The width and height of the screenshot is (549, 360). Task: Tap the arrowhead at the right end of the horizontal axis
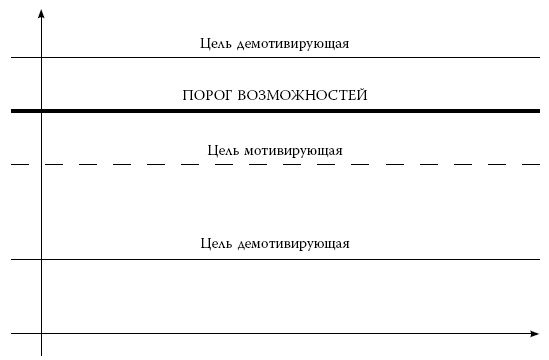534,332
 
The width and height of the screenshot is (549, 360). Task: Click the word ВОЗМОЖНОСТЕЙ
304,96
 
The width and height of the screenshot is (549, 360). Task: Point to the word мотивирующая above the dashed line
292,151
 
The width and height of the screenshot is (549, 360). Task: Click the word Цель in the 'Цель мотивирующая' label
222,151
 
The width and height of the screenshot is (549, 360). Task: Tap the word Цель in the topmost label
215,43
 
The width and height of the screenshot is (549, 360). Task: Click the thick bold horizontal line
280,110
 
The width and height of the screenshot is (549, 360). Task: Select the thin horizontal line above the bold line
280,59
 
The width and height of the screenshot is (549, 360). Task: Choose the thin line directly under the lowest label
280,260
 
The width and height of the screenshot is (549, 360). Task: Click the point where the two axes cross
42,332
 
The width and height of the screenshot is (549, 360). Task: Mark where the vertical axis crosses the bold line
42,110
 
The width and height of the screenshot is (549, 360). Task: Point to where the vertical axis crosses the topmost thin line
42,59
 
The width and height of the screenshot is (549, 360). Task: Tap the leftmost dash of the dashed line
18,163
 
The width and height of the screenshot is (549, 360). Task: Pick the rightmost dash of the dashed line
530,163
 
